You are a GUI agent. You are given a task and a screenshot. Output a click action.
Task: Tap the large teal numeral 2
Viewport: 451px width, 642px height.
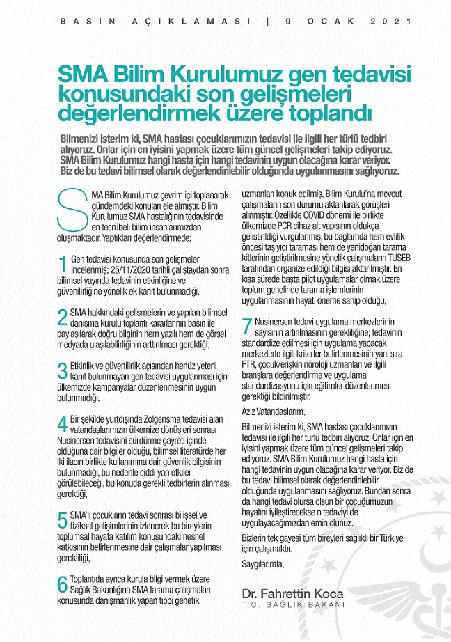coord(63,318)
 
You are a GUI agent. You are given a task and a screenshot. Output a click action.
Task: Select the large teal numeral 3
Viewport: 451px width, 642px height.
coord(63,372)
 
